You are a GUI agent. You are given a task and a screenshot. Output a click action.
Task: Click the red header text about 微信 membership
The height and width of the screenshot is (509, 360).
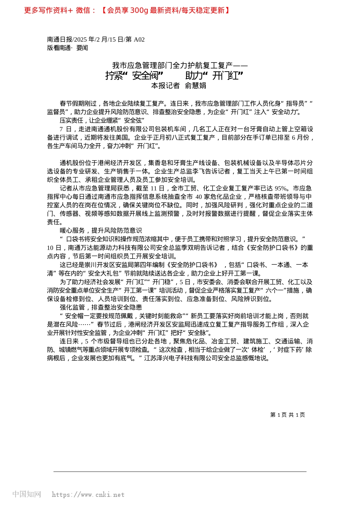pos(127,10)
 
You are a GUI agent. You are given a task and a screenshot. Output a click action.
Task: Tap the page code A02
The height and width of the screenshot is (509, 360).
pos(139,39)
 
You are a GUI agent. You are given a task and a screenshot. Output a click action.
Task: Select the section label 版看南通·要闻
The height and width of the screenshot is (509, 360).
pos(67,48)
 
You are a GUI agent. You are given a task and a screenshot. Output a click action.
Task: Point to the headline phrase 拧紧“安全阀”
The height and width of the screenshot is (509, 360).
pos(134,76)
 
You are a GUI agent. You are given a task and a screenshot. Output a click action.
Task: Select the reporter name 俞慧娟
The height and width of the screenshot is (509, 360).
pos(196,86)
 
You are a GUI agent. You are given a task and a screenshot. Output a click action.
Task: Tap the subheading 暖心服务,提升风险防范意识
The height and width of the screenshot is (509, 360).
pos(101,230)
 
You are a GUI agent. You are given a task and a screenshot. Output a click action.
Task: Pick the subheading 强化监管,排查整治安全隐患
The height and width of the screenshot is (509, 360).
pos(101,307)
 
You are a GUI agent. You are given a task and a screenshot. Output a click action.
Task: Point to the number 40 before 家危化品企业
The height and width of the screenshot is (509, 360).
pos(199,197)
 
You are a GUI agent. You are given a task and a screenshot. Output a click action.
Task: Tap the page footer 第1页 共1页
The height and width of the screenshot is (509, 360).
pos(288,415)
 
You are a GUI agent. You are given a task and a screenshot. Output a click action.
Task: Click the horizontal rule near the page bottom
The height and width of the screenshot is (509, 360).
pos(180,472)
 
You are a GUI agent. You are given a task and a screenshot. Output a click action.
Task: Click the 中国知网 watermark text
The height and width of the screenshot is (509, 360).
pos(27,494)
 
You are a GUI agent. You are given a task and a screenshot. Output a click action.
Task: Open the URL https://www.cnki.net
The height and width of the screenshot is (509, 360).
pos(88,495)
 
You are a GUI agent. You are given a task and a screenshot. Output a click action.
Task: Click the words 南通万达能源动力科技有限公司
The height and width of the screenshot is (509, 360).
pos(110,248)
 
